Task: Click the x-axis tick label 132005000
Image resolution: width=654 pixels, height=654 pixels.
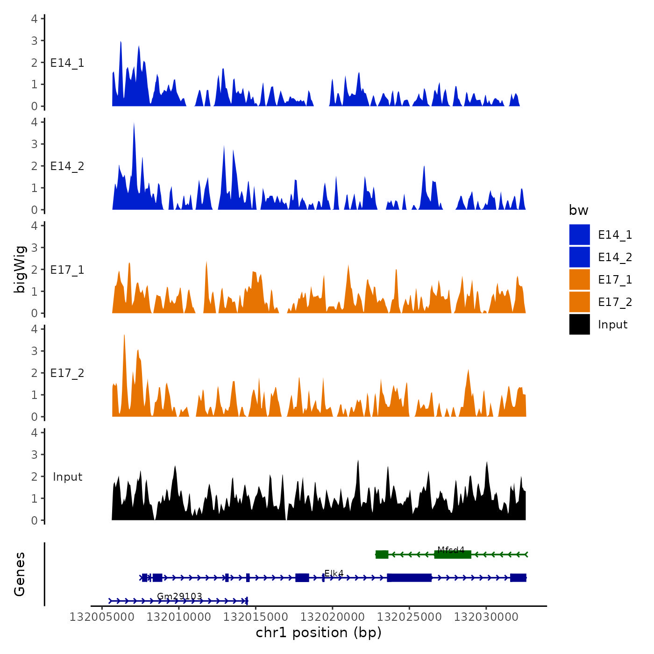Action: [x=101, y=617]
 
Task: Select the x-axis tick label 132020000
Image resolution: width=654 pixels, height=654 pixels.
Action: [x=332, y=617]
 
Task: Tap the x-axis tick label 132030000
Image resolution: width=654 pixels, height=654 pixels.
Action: [x=486, y=617]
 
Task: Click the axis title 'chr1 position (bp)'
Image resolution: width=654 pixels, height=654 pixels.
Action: [x=319, y=633]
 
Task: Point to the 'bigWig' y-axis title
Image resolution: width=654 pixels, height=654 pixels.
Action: [x=20, y=269]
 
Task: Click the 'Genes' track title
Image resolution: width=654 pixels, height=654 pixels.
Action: [x=20, y=574]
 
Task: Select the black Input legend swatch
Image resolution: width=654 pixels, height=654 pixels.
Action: [x=579, y=324]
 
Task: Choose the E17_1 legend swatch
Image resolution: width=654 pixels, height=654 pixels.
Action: [x=579, y=279]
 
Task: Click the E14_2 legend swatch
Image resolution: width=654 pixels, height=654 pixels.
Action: [x=579, y=257]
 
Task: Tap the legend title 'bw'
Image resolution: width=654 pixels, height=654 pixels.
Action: [x=578, y=210]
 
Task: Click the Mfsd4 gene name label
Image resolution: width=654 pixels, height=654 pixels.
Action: [x=451, y=550]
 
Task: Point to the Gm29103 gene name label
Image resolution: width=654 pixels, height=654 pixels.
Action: [x=179, y=596]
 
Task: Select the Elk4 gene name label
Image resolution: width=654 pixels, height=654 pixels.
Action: [x=334, y=573]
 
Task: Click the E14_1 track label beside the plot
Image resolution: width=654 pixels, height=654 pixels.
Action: [x=67, y=63]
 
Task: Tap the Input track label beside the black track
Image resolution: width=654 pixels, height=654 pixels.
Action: [x=67, y=477]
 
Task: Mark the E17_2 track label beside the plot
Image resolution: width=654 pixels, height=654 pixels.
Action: [x=67, y=373]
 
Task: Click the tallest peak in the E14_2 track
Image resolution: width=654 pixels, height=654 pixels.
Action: [x=134, y=124]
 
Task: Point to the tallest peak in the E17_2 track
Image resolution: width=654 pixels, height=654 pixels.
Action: [x=124, y=335]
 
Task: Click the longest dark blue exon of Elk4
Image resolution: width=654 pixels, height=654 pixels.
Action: [x=409, y=578]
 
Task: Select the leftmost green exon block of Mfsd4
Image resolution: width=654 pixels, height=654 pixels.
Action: [x=382, y=554]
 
